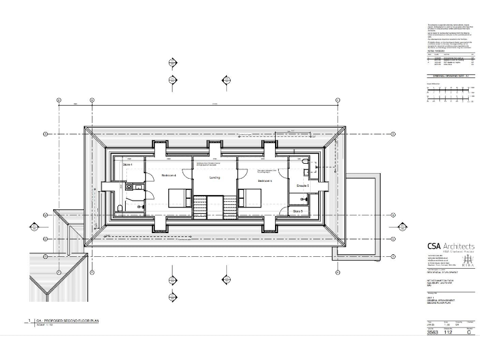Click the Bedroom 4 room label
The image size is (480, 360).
tap(169, 176)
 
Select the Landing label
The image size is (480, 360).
tap(214, 178)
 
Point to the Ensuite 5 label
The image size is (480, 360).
tap(304, 186)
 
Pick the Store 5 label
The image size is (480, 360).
tap(298, 212)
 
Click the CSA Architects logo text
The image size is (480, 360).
tap(451, 246)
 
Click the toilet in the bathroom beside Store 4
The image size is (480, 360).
tap(120, 208)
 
